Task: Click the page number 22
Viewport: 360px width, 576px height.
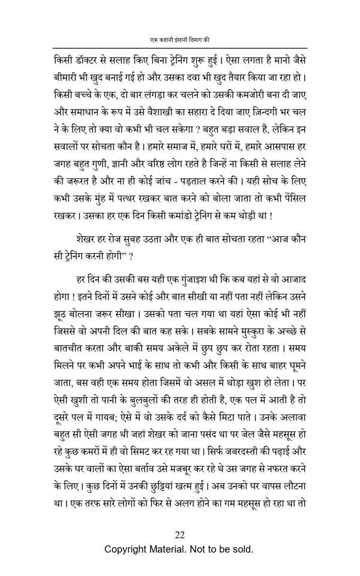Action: pyautogui.click(x=180, y=535)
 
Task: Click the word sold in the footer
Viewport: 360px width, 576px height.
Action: pyautogui.click(x=241, y=549)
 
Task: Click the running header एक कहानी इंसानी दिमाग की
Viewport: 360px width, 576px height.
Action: pyautogui.click(x=180, y=40)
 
